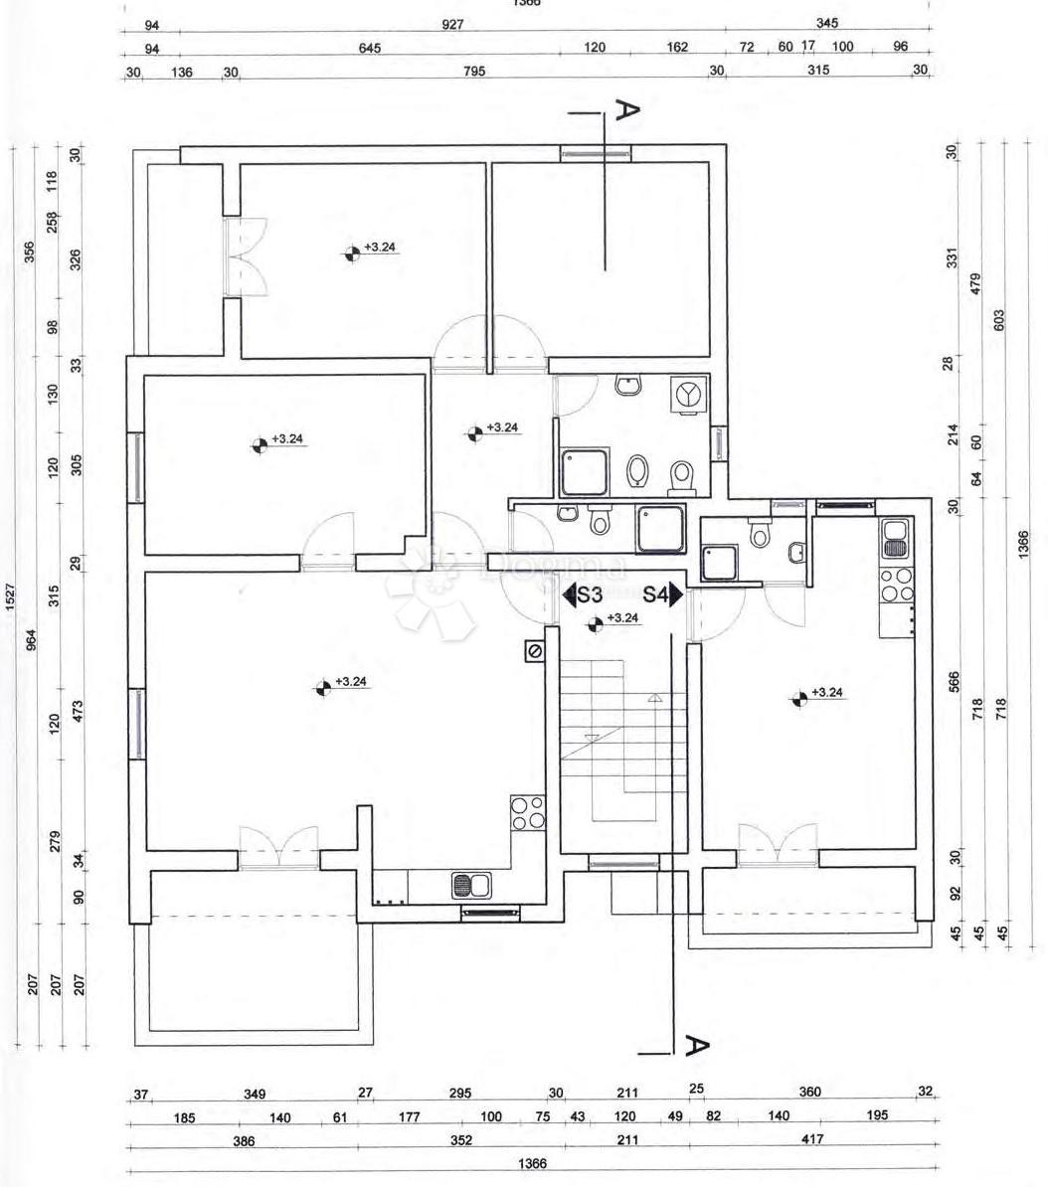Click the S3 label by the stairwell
coord(590,595)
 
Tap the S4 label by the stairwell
coord(654,595)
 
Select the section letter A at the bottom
coord(697,1045)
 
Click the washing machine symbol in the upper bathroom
coord(687,394)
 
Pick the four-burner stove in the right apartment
coord(898,585)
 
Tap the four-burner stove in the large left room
coord(527,813)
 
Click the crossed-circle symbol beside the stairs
coord(535,651)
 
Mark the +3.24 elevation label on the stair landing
coord(622,618)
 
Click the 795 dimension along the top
coord(474,71)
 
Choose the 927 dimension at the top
coord(452,24)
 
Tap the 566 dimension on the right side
coord(955,682)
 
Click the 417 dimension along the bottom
coord(812,1139)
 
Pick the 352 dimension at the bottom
coord(461,1140)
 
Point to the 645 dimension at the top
coord(370,48)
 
